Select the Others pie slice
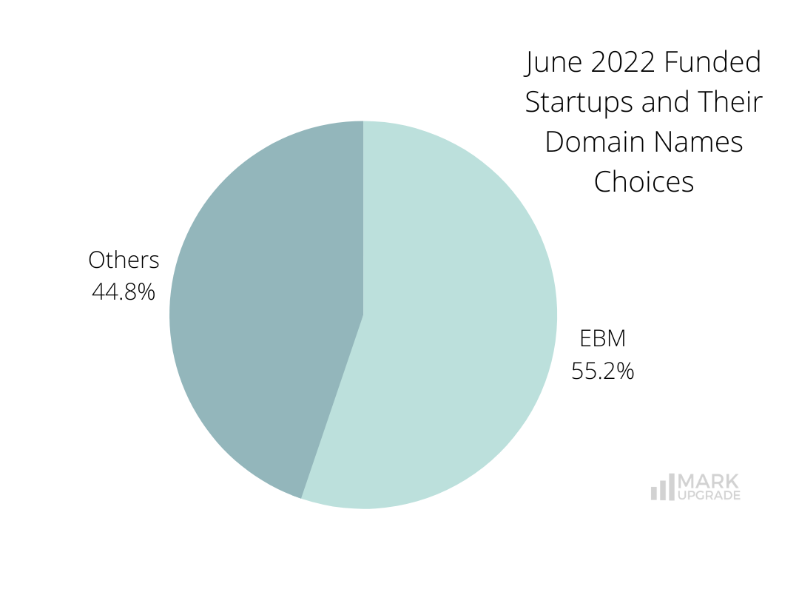tap(266, 311)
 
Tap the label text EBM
tap(602, 339)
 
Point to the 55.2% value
tap(602, 370)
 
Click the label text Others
tap(124, 260)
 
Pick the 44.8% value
tap(124, 292)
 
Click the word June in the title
tap(553, 63)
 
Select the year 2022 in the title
tap(623, 63)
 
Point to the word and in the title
tap(665, 102)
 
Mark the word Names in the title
tap(700, 141)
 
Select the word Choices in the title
tap(644, 181)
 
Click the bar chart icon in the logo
tap(663, 488)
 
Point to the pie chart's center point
tap(363, 314)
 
